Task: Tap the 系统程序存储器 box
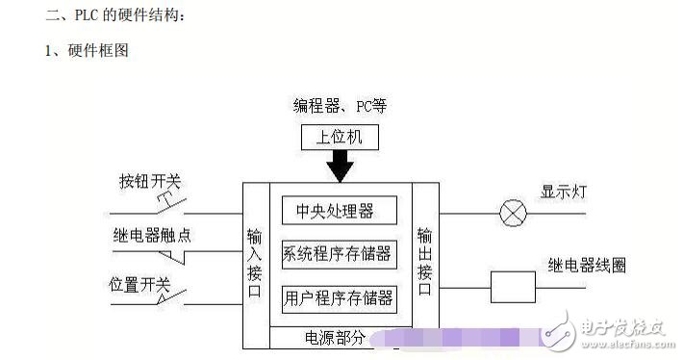coord(338,254)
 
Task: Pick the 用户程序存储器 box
coord(338,297)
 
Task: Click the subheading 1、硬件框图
coord(87,51)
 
